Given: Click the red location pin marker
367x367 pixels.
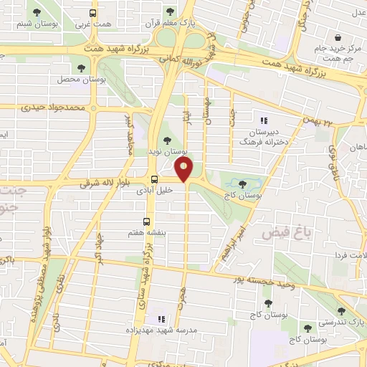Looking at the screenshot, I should click(x=184, y=170).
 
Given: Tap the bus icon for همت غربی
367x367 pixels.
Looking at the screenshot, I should click(x=93, y=13).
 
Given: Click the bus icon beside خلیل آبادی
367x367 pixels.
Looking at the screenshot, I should click(x=154, y=179).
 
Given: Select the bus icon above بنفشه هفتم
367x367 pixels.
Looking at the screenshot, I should click(x=147, y=221).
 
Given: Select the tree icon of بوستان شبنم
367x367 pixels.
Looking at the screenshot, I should click(x=38, y=12).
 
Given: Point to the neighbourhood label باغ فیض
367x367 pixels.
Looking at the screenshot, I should click(x=280, y=234).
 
